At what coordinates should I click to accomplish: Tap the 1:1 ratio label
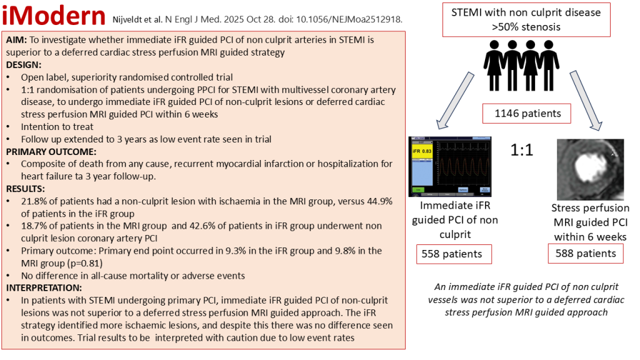522,151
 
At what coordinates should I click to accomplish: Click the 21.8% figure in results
35,201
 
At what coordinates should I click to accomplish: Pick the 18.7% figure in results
35,226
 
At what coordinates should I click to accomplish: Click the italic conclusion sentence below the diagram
522,299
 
